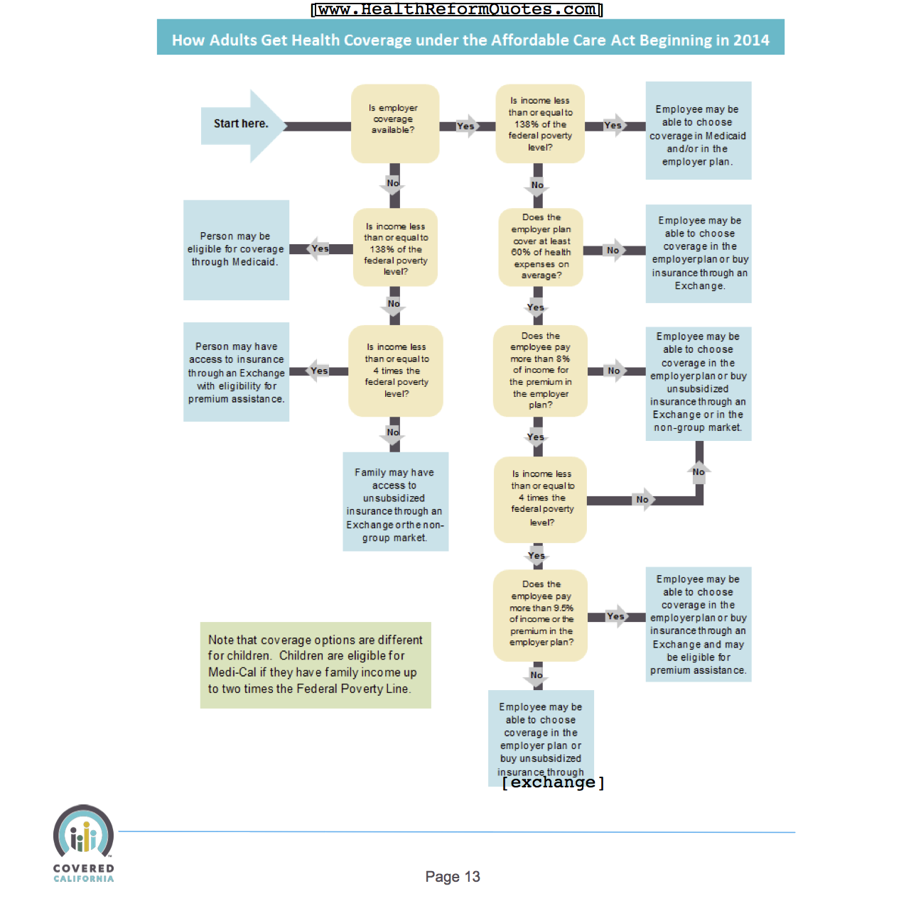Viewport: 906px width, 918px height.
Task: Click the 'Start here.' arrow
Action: point(242,125)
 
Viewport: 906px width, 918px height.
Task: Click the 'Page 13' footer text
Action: point(453,877)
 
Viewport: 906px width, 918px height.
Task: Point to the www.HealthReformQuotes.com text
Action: point(457,9)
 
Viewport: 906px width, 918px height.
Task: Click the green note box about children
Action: point(315,665)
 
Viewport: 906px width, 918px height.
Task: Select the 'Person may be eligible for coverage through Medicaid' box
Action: point(236,249)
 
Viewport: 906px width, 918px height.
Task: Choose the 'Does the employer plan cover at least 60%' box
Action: point(541,246)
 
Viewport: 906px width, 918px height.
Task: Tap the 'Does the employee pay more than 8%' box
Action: point(540,371)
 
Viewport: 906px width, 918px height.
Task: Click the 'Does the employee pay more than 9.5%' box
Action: point(541,613)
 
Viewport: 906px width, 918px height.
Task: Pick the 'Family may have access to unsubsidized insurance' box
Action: point(395,502)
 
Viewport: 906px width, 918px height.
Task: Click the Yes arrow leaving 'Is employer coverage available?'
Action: point(467,126)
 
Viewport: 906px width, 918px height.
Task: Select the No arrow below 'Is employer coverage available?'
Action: point(393,184)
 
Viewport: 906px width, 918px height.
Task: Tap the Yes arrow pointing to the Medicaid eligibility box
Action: point(319,248)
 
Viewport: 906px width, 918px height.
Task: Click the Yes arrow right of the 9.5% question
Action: point(616,616)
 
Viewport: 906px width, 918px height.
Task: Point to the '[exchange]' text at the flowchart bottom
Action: point(553,782)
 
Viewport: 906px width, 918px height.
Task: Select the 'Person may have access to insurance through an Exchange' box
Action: point(236,372)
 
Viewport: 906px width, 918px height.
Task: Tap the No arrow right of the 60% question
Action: point(613,250)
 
